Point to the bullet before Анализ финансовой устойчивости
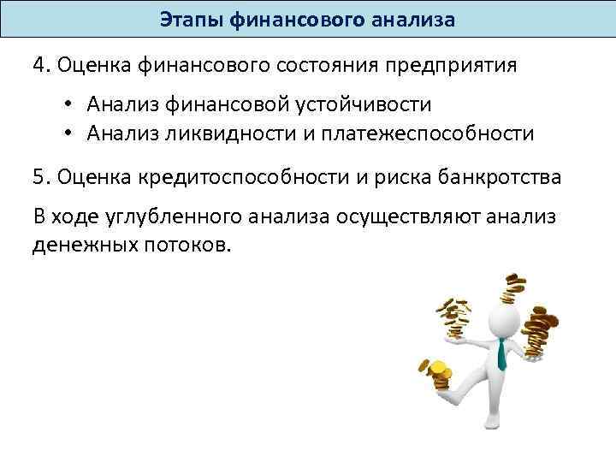pyautogui.click(x=66, y=106)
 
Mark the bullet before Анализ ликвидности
pyautogui.click(x=66, y=133)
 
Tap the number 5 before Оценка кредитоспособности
pyautogui.click(x=39, y=177)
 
